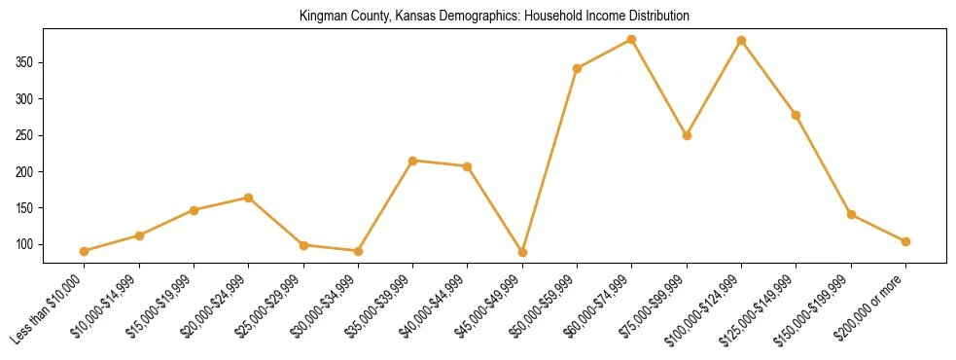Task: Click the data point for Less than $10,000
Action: pyautogui.click(x=85, y=251)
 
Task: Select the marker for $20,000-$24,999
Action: pyautogui.click(x=249, y=198)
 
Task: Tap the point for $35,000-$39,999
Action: pyautogui.click(x=413, y=161)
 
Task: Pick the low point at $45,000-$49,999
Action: pyautogui.click(x=522, y=252)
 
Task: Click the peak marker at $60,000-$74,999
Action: pyautogui.click(x=632, y=39)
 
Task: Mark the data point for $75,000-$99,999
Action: pyautogui.click(x=687, y=135)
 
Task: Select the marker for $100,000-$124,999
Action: pyautogui.click(x=742, y=40)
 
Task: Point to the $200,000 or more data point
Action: pyautogui.click(x=905, y=241)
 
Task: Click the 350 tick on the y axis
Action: pyautogui.click(x=26, y=62)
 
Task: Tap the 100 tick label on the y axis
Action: pyautogui.click(x=26, y=244)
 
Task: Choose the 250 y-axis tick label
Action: pyautogui.click(x=26, y=135)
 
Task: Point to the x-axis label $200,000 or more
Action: pyautogui.click(x=874, y=305)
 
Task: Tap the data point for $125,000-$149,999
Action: pyautogui.click(x=797, y=115)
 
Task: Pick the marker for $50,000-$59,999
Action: pyautogui.click(x=578, y=68)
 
